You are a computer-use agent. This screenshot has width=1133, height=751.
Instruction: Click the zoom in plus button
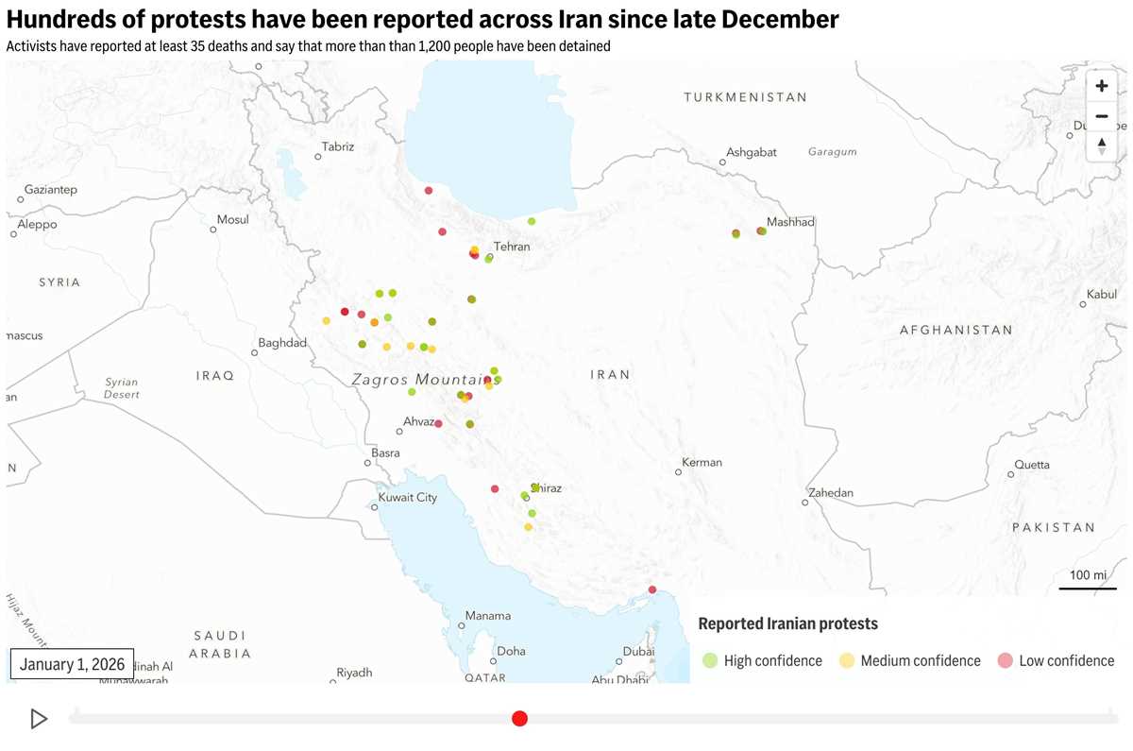coord(1101,86)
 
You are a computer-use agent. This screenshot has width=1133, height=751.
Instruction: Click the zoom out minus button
coord(1101,116)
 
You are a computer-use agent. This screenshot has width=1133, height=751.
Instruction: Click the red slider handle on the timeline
coord(519,719)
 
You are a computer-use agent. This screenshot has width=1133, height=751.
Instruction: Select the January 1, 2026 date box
coord(72,664)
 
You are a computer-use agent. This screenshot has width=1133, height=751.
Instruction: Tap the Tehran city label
coord(512,247)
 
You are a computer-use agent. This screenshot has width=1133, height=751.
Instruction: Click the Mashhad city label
coord(790,222)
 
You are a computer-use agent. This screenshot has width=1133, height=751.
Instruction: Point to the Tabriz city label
coord(338,146)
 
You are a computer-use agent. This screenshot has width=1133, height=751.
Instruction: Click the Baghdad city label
coord(282,343)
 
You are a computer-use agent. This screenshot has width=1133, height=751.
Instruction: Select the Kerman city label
coord(702,462)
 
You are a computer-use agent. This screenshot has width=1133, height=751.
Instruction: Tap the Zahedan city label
coord(830,493)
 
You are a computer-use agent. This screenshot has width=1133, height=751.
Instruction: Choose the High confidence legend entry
coord(763,661)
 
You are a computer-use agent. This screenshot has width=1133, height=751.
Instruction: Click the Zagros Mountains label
coord(426,380)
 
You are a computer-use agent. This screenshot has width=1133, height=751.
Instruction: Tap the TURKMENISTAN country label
coord(745,97)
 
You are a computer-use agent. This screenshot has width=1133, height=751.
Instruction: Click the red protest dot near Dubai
coord(651,589)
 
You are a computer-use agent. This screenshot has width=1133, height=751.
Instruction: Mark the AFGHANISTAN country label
coord(955,331)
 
